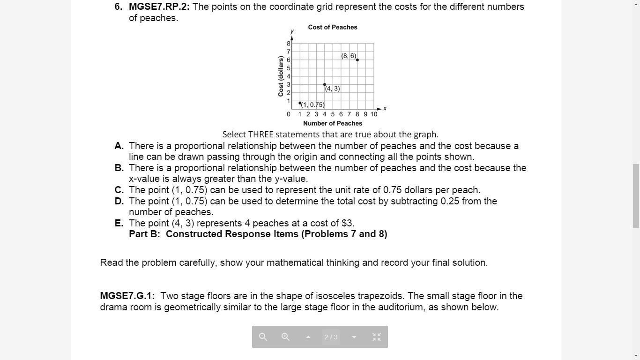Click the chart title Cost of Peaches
[333, 27]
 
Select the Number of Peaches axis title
[333, 123]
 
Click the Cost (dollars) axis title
[281, 76]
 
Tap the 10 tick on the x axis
[374, 114]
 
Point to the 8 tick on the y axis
[289, 44]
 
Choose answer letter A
[119, 146]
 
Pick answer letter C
[119, 190]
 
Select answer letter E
[119, 223]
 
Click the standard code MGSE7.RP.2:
[159, 7]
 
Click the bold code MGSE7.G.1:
[127, 296]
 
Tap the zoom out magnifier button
[263, 337]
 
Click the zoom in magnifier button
[285, 337]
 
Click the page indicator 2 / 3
[331, 337]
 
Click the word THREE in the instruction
[260, 135]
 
